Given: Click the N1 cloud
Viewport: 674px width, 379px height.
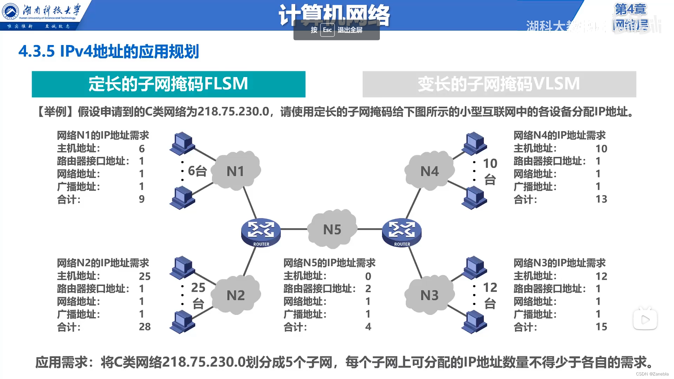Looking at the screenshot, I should (236, 171).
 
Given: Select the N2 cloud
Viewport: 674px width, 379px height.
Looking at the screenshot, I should (236, 295).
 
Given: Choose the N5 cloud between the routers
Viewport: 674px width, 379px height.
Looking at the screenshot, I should (332, 229).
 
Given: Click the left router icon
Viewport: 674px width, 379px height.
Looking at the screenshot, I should (261, 232).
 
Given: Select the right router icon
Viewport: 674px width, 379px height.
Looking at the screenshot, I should (402, 232).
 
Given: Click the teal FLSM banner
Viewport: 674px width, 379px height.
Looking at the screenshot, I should (168, 84).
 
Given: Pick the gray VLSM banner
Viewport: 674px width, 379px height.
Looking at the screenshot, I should (499, 84).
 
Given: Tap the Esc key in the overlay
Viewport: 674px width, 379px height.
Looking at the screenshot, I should (327, 30).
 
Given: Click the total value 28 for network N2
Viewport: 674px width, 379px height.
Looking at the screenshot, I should (145, 327).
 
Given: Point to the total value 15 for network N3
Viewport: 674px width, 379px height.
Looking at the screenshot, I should (601, 327).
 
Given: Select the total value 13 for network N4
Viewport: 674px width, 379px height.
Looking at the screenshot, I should (601, 199).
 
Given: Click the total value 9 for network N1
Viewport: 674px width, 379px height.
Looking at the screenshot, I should (141, 199).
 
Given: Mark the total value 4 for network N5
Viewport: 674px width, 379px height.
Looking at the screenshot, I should (368, 327).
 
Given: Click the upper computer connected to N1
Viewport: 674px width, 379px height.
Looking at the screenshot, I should (182, 143).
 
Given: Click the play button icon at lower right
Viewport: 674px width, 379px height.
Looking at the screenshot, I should (645, 320).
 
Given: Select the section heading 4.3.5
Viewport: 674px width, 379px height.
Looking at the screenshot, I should (109, 52).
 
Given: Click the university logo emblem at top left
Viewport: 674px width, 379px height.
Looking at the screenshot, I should (11, 12).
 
